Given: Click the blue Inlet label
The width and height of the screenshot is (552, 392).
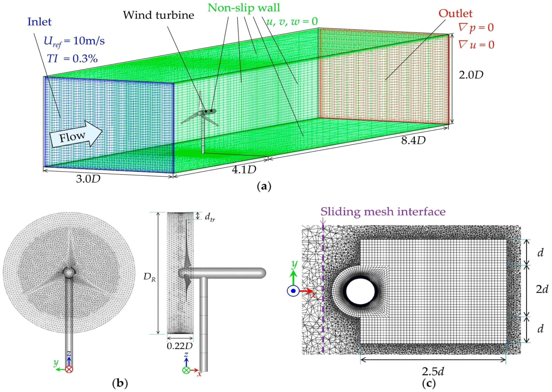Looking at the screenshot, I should tap(39, 22).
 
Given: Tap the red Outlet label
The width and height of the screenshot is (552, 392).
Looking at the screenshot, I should tap(455, 13).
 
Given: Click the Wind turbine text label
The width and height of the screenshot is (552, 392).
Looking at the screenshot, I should tap(158, 15).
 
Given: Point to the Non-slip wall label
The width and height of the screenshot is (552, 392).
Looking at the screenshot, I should tap(244, 7).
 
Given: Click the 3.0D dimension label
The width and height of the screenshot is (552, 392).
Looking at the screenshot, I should tap(88, 179).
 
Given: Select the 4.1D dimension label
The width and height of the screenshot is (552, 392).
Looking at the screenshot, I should tap(244, 169).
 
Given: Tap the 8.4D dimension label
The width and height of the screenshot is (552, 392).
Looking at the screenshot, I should tap(413, 140).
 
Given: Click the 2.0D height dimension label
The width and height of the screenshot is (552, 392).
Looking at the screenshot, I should tap(470, 75).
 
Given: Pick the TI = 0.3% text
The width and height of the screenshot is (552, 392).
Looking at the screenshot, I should tap(72, 58).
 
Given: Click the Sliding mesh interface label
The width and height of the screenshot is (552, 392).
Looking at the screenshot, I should tap(383, 212).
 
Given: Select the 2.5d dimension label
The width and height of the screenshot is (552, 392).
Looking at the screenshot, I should tap(433, 371).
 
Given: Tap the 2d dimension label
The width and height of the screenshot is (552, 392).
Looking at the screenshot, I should tap(542, 289).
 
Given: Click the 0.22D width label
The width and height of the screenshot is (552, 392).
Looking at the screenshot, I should tap(179, 346).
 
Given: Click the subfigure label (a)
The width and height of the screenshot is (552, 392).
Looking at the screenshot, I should tap(264, 186).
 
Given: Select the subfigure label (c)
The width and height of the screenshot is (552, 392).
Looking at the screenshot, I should tap(429, 384).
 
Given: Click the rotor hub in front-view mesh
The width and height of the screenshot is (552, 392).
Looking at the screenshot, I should tap(69, 272).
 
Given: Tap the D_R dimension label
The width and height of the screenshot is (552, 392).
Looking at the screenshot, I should tap(149, 277).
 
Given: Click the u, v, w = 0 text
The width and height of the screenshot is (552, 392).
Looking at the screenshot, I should tap(292, 21).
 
